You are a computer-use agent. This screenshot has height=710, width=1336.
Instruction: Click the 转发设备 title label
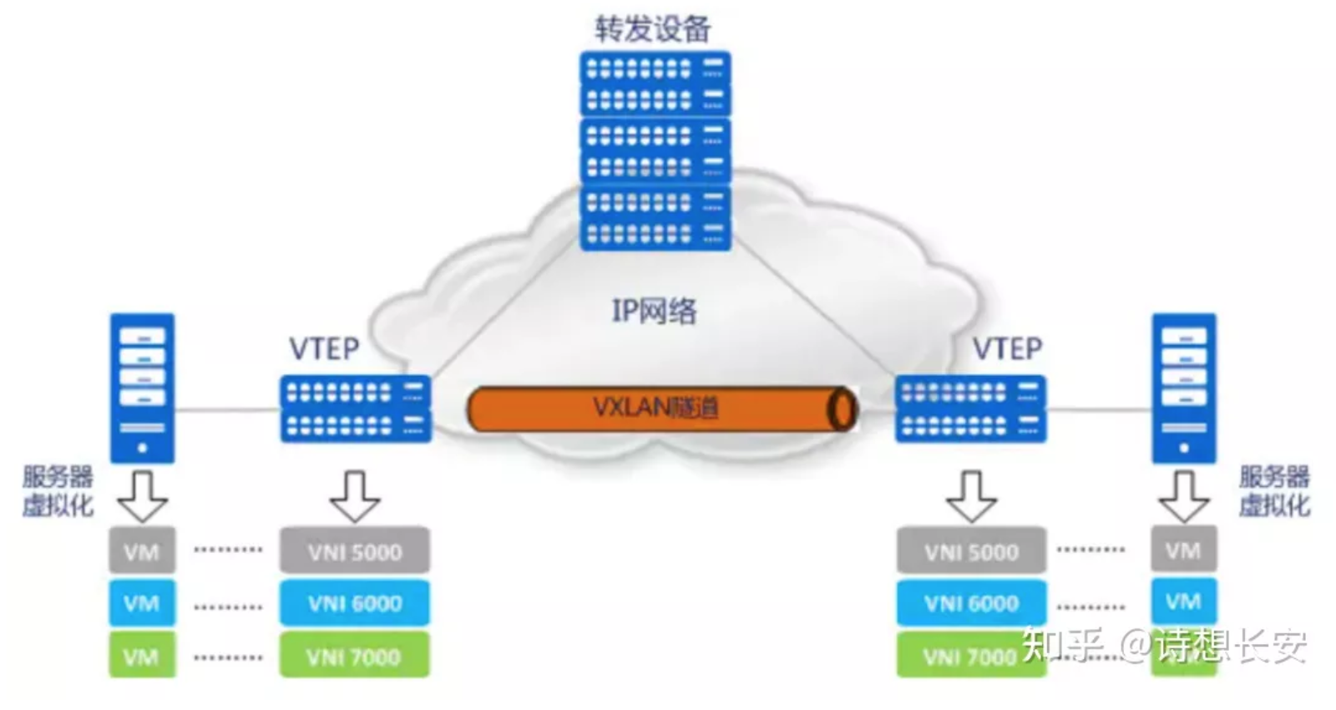pyautogui.click(x=652, y=28)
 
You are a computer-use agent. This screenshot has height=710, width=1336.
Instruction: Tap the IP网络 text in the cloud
pyautogui.click(x=654, y=311)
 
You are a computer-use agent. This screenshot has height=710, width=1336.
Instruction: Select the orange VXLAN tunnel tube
pyautogui.click(x=660, y=408)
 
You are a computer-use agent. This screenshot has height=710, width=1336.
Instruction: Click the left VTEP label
pyautogui.click(x=324, y=348)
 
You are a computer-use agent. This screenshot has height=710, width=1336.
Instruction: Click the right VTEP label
pyautogui.click(x=1007, y=348)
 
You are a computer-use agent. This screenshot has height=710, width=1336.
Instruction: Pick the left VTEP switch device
pyautogui.click(x=356, y=408)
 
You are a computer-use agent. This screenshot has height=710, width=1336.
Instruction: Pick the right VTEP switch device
pyautogui.click(x=970, y=408)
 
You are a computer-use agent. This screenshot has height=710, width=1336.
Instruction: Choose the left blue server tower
pyautogui.click(x=143, y=388)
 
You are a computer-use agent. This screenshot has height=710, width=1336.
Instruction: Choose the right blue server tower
pyautogui.click(x=1184, y=388)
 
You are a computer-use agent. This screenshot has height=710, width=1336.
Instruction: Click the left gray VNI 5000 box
pyautogui.click(x=355, y=551)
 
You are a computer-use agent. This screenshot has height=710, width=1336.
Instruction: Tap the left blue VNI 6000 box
pyautogui.click(x=355, y=603)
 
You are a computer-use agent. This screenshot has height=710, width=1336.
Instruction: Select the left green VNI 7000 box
pyautogui.click(x=355, y=656)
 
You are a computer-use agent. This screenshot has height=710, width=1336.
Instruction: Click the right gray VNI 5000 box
pyautogui.click(x=971, y=551)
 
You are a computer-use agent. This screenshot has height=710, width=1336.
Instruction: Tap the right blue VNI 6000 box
pyautogui.click(x=971, y=603)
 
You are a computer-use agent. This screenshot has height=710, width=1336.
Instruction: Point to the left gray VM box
pyautogui.click(x=142, y=551)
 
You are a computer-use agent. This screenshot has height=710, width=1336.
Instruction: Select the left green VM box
pyautogui.click(x=142, y=656)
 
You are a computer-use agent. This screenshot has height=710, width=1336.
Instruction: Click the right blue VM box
pyautogui.click(x=1183, y=601)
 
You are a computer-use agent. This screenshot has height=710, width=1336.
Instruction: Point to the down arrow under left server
pyautogui.click(x=143, y=497)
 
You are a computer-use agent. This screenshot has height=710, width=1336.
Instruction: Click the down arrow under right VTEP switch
pyautogui.click(x=971, y=497)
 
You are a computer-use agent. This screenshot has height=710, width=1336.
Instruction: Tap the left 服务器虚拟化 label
pyautogui.click(x=58, y=491)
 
